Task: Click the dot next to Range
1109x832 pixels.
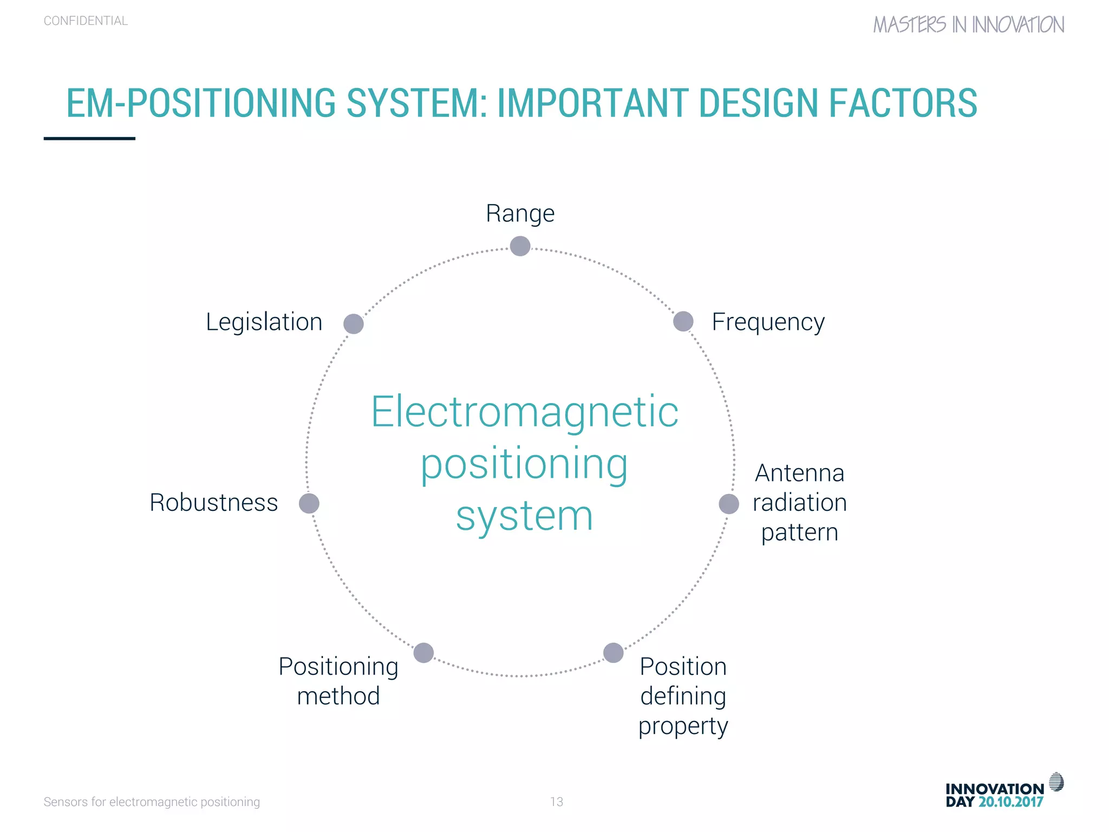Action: click(520, 246)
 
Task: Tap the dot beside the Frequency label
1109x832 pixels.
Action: click(683, 321)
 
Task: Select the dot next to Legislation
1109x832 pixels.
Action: click(354, 324)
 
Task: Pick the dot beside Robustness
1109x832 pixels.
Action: click(309, 503)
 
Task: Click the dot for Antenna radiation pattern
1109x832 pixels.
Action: click(728, 504)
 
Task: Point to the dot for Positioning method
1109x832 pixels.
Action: click(423, 653)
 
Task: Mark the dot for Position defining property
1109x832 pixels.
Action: click(613, 653)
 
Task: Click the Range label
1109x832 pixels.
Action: click(520, 213)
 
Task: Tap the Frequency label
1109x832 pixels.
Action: click(768, 322)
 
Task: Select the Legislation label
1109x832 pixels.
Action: click(264, 322)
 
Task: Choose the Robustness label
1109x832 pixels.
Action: click(213, 503)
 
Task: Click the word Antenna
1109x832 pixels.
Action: click(799, 473)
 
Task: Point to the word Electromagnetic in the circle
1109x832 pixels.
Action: click(524, 412)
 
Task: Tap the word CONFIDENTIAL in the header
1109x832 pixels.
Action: click(86, 21)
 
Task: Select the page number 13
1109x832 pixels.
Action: click(556, 802)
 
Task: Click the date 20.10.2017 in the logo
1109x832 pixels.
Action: click(1010, 802)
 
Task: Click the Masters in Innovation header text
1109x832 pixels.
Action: click(968, 25)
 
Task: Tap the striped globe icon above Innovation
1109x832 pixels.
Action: click(1056, 782)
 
